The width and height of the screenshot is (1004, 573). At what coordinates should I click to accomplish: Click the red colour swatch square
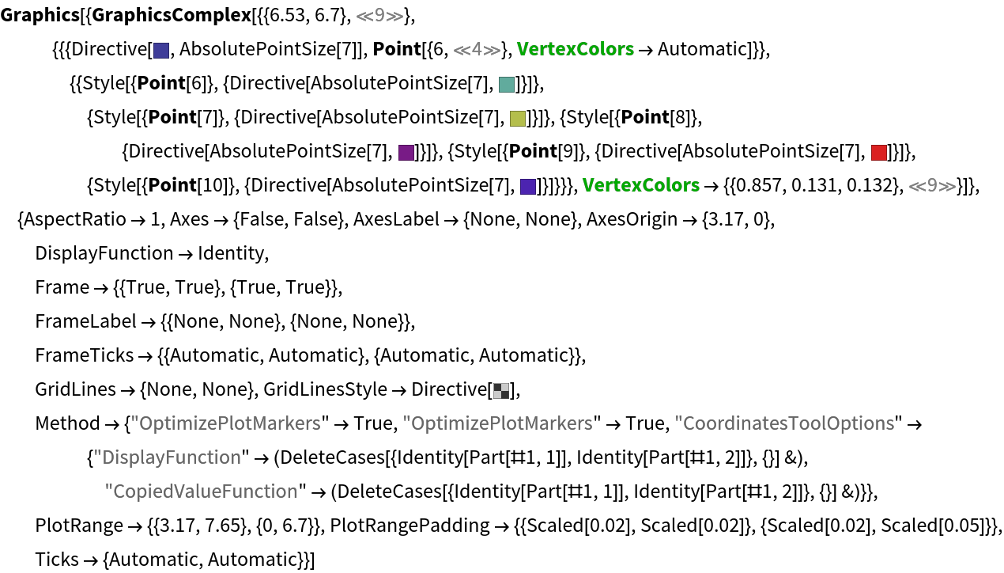(x=878, y=153)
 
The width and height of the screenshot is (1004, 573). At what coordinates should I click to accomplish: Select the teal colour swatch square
(x=507, y=85)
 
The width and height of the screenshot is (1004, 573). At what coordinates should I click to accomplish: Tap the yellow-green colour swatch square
(x=518, y=119)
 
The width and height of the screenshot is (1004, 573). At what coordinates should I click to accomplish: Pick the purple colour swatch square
(x=406, y=153)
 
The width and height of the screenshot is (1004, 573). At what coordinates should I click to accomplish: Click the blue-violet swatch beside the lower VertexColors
(x=528, y=187)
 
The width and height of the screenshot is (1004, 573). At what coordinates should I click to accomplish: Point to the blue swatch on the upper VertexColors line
(x=161, y=51)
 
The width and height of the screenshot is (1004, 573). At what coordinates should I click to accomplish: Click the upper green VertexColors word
(x=575, y=49)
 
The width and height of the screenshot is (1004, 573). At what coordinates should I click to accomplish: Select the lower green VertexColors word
(x=640, y=185)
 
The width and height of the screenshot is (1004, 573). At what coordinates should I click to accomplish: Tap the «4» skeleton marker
(x=477, y=50)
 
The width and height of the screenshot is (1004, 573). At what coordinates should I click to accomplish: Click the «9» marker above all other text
(x=379, y=16)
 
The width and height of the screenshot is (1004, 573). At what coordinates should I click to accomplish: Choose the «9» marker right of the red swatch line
(x=932, y=186)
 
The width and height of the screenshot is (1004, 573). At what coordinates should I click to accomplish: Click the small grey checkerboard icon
(x=501, y=390)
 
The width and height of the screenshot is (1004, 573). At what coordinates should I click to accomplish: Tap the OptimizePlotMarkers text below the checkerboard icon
(x=497, y=423)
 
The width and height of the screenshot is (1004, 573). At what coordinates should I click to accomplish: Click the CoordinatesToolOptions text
(x=784, y=423)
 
